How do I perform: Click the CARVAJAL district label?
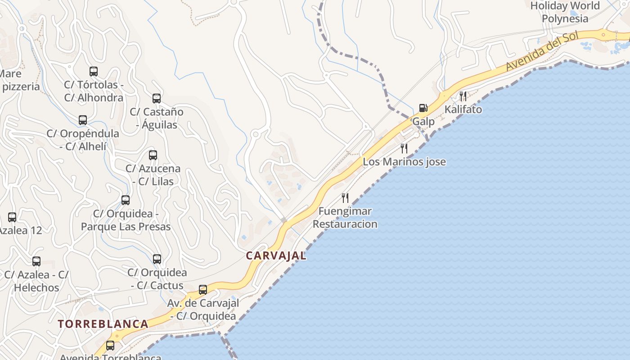276,256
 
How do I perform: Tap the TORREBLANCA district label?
103,324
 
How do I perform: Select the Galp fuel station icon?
423,108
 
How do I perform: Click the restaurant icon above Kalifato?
463,95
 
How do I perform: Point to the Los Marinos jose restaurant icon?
404,148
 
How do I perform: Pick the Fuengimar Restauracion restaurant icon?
345,198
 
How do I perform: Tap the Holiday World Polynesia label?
565,12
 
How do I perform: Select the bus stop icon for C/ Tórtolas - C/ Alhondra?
94,71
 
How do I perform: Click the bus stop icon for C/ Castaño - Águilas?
157,98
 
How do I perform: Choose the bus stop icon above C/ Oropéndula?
83,120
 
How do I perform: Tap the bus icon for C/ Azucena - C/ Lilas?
153,155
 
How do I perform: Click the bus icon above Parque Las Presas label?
126,200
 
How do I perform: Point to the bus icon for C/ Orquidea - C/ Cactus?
157,259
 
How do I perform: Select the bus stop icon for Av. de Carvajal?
203,289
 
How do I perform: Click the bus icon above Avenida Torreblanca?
110,345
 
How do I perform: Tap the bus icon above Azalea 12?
12,217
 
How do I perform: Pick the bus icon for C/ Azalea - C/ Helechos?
36,261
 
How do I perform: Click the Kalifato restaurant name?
463,109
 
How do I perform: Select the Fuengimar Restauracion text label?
345,217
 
